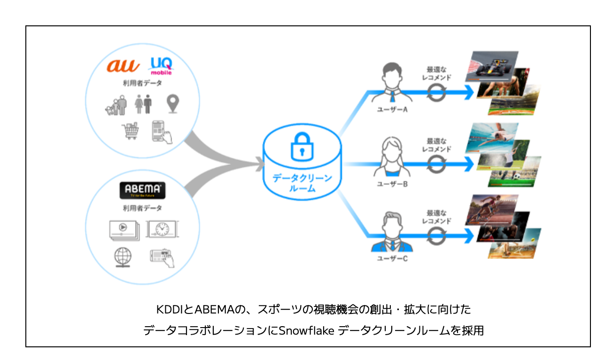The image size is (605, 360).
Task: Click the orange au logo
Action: (x=123, y=65)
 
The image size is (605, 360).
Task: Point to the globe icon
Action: (x=123, y=257)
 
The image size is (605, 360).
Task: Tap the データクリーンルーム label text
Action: (x=302, y=183)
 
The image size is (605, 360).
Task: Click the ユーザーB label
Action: (x=392, y=184)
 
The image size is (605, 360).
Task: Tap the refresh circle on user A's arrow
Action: (x=436, y=93)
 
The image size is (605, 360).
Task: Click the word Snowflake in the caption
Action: (x=306, y=330)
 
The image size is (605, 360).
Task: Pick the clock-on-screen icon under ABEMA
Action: (x=162, y=229)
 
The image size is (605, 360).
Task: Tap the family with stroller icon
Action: (x=116, y=105)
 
